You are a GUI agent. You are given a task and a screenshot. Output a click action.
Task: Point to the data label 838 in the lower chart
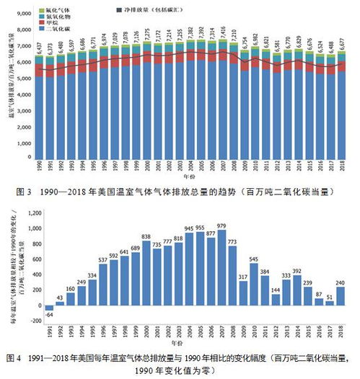pos(146,236)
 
